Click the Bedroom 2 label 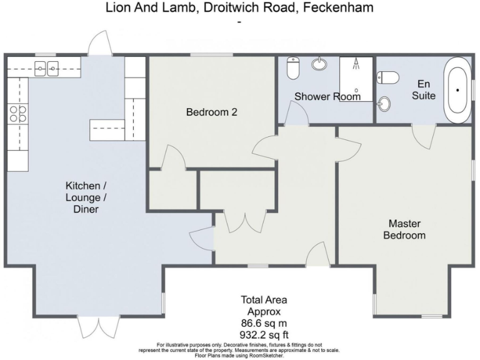click(x=212, y=112)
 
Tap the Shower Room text click(x=327, y=97)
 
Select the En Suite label click(x=426, y=89)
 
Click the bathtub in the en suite click(x=457, y=90)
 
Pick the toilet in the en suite click(x=389, y=77)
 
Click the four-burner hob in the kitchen click(x=17, y=113)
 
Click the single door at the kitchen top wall click(x=100, y=44)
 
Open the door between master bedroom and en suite click(x=423, y=134)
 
